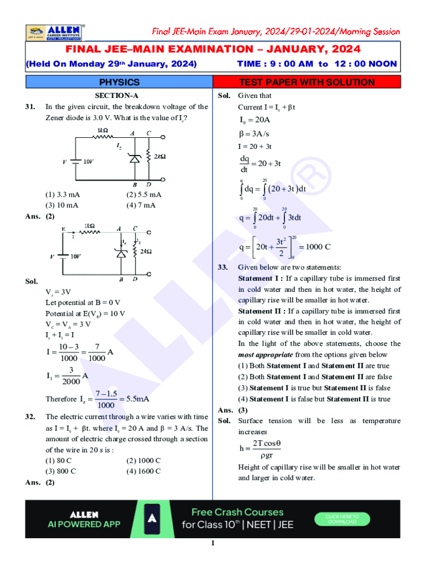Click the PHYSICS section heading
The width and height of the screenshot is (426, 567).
(x=119, y=83)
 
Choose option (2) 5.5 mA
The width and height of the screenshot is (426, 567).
(x=144, y=194)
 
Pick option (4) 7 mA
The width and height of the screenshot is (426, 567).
(x=141, y=205)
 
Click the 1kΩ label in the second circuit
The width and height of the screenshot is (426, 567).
(x=91, y=226)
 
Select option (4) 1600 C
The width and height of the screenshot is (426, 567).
(x=143, y=471)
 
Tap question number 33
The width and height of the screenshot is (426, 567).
(x=224, y=267)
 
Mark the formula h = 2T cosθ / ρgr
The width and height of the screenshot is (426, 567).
(x=261, y=449)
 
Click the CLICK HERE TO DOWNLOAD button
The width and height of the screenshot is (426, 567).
(x=346, y=519)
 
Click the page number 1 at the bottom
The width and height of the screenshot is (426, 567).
(x=212, y=543)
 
